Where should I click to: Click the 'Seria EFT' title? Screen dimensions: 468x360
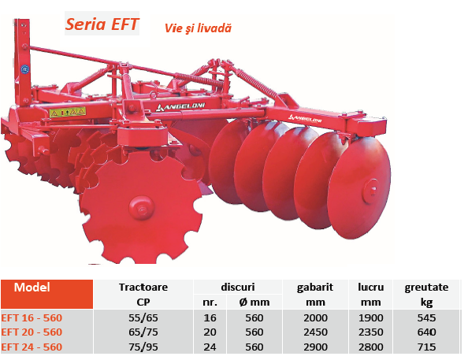pyautogui.click(x=102, y=24)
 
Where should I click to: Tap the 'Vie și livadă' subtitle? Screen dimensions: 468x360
pyautogui.click(x=198, y=28)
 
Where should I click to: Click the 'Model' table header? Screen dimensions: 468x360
pyautogui.click(x=32, y=288)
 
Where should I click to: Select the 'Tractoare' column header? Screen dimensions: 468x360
pyautogui.click(x=143, y=288)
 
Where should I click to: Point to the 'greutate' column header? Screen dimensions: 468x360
pyautogui.click(x=426, y=288)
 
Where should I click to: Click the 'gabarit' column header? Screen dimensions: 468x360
pyautogui.click(x=315, y=288)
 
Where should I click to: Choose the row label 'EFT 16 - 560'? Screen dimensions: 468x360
pyautogui.click(x=32, y=318)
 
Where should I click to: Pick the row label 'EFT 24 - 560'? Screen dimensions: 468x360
pyautogui.click(x=32, y=347)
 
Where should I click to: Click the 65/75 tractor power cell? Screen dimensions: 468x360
pyautogui.click(x=143, y=332)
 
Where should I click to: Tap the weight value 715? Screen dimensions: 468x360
pyautogui.click(x=426, y=347)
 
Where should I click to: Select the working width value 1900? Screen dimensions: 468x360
pyautogui.click(x=371, y=318)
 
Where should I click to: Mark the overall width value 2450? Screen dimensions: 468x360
pyautogui.click(x=315, y=332)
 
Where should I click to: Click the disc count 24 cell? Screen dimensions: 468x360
pyautogui.click(x=210, y=347)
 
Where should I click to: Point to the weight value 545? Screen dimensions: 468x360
pyautogui.click(x=426, y=318)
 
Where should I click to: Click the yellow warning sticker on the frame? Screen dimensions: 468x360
pyautogui.click(x=68, y=112)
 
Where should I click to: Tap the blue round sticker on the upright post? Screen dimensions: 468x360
pyautogui.click(x=24, y=69)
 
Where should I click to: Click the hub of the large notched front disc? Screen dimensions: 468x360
pyautogui.click(x=142, y=209)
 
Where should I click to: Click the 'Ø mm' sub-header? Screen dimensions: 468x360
pyautogui.click(x=254, y=302)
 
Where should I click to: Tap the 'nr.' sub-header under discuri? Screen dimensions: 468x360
pyautogui.click(x=210, y=302)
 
